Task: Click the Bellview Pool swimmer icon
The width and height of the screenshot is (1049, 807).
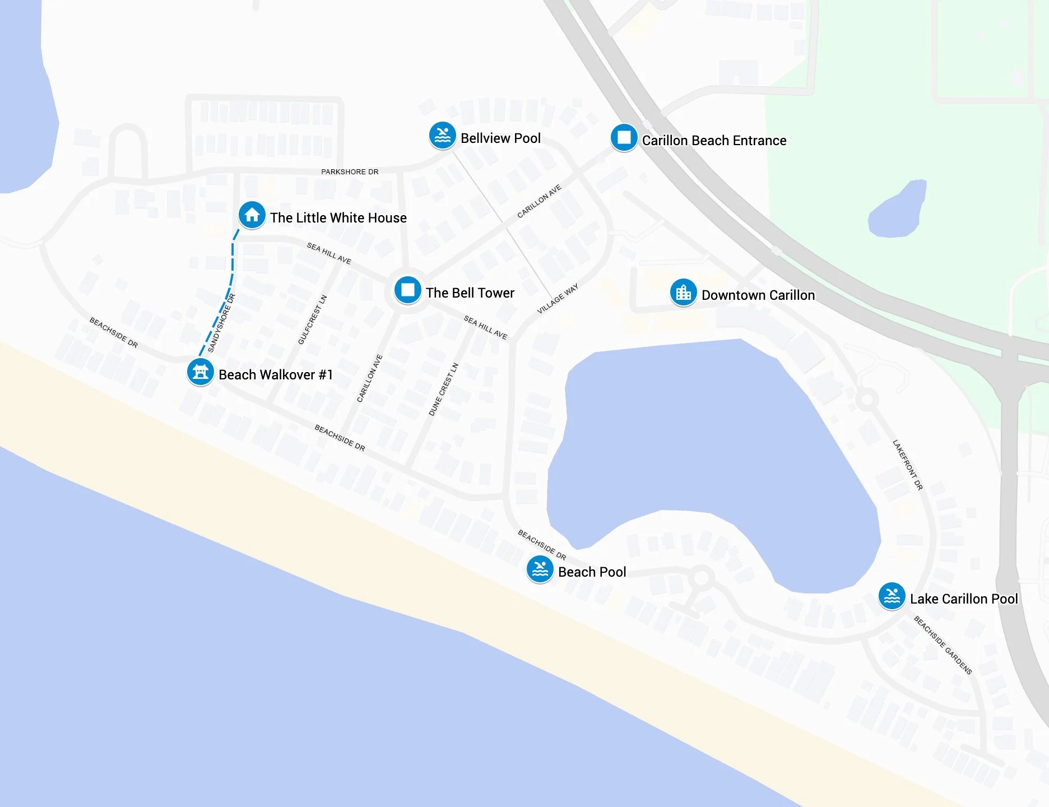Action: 442,136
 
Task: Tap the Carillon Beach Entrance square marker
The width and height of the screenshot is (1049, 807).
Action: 624,137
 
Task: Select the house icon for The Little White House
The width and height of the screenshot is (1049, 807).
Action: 252,215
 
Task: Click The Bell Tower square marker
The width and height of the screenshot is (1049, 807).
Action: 407,290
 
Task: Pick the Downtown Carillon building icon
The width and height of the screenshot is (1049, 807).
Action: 683,293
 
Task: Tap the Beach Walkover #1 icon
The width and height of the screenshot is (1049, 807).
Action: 200,372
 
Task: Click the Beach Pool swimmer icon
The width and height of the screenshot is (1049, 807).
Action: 540,569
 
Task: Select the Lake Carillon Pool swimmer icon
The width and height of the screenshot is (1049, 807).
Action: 892,596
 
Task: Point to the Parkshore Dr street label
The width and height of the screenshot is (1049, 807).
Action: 350,171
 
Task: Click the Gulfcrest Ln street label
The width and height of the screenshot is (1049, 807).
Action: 312,319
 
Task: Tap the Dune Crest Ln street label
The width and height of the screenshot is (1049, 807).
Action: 443,389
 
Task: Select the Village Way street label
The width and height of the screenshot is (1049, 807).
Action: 557,299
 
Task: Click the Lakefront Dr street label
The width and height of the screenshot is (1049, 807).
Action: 907,465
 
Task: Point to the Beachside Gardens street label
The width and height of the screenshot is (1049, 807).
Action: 943,644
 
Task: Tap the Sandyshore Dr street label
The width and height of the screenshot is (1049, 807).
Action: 221,323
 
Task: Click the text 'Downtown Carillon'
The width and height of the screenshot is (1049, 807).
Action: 758,295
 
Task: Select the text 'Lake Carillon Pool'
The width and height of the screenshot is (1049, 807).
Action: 963,599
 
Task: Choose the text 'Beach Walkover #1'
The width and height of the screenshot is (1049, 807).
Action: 275,374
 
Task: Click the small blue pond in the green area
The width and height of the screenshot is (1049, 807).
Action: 897,210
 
